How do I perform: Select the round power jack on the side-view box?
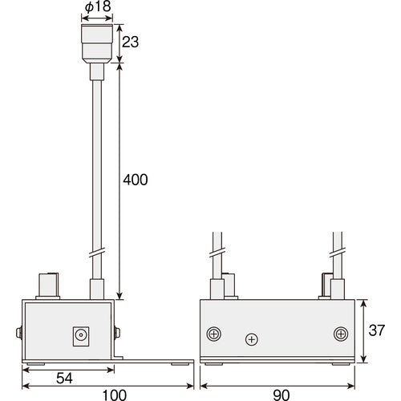(x=81, y=336)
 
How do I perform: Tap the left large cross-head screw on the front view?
(x=214, y=333)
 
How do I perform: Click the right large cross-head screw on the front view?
(x=340, y=333)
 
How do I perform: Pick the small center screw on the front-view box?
(x=252, y=340)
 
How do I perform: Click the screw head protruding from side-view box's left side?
(x=18, y=332)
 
